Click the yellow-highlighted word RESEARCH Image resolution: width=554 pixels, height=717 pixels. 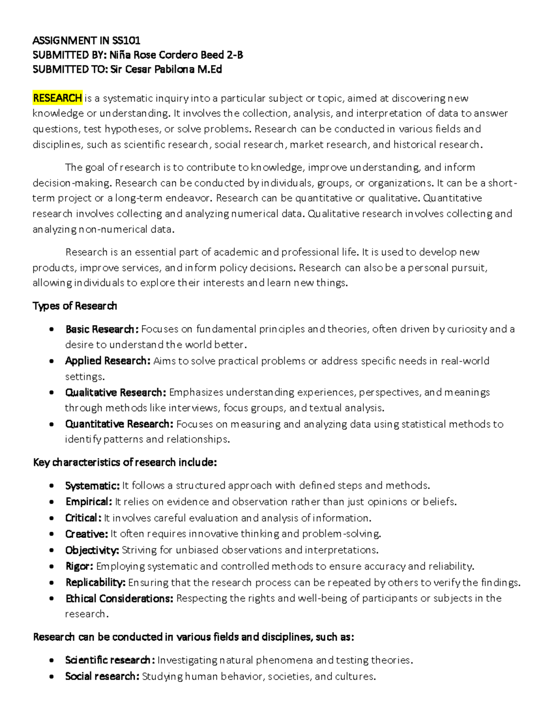pos(57,98)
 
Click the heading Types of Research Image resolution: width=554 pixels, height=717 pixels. pos(75,306)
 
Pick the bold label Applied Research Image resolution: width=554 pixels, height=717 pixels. pos(108,361)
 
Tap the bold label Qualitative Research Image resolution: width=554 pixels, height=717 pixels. pos(115,392)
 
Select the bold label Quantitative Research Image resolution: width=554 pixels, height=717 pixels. pos(119,424)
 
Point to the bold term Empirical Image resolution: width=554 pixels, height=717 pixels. pos(88,502)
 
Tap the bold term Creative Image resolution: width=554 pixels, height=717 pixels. pos(86,534)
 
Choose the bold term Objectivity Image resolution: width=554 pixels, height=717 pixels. pos(92,550)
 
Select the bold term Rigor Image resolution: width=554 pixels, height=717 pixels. pos(79,566)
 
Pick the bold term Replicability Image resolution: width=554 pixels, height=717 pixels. pos(95,583)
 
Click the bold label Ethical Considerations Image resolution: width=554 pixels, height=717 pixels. pos(119,599)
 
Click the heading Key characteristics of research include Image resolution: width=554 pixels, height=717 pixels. pos(125,463)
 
